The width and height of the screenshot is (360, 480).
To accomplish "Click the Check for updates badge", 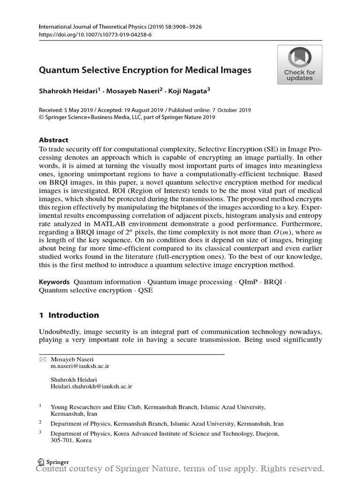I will point(300,65).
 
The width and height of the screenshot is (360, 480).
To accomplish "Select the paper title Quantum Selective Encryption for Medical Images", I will point(145,70).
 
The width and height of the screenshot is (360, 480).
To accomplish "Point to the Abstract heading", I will point(53,140).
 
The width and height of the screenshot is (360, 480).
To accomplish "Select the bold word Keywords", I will point(54,282).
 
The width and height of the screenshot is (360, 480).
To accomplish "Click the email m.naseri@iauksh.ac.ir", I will point(80,366).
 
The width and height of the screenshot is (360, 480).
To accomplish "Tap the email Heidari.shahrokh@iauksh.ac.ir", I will point(91,386).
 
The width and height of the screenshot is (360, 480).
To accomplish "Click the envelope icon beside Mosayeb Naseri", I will point(42,359).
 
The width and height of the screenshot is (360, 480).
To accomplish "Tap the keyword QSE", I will point(145,290).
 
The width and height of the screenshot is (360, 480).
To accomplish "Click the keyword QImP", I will point(248,282).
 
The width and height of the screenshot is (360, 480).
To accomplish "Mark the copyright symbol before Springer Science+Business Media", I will point(41,117).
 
